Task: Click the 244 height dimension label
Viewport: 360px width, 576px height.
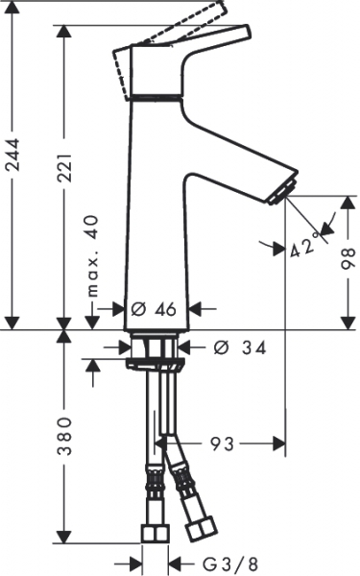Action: click(14, 155)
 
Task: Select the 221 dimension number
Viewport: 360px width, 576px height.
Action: click(65, 167)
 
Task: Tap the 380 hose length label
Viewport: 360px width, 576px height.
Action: click(65, 437)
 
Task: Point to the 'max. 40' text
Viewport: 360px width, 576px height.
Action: click(92, 256)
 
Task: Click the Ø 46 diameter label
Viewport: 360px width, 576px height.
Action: click(154, 309)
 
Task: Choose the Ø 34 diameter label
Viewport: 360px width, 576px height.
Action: click(240, 348)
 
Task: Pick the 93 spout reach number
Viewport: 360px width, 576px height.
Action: click(222, 444)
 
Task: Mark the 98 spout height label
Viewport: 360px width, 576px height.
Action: click(348, 258)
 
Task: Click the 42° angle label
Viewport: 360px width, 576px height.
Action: click(303, 246)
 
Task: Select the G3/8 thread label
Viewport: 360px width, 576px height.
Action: click(230, 564)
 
